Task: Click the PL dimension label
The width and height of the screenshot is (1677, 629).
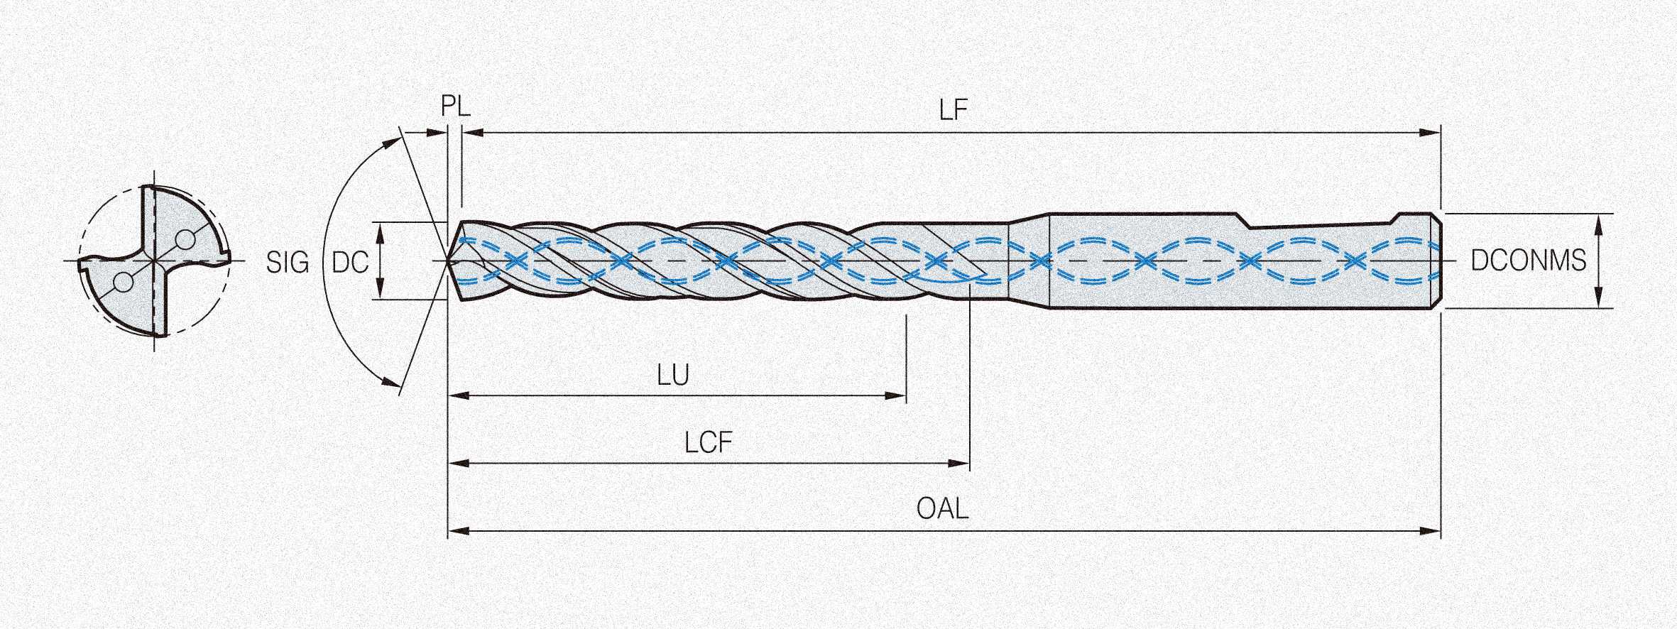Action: coord(455,106)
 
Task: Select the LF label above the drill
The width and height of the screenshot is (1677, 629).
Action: coord(953,110)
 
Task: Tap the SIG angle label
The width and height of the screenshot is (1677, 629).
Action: coord(288,263)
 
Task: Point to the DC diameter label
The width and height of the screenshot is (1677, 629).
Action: coord(350,263)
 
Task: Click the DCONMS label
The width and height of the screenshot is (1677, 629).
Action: coord(1528,261)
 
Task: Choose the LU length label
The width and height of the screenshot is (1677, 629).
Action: coord(672,375)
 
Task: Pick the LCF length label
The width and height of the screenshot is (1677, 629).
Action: coord(708,443)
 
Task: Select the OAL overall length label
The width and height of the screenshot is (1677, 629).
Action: coord(942,508)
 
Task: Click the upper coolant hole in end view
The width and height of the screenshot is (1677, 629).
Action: coord(185,239)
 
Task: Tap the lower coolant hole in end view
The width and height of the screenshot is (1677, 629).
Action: coord(123,283)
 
